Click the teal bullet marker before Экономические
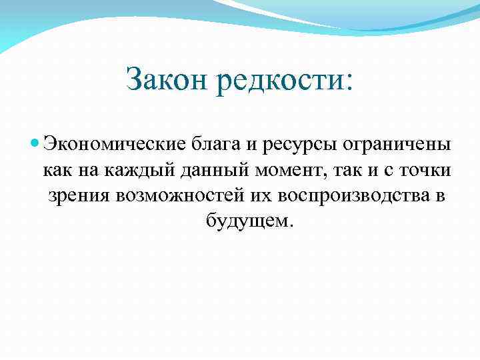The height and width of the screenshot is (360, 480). click(35, 144)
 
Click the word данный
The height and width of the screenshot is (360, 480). click(212, 171)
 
